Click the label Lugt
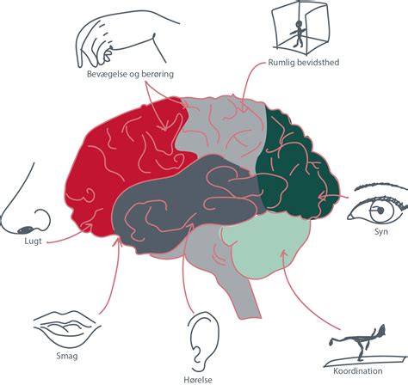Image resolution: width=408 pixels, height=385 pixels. [x=33, y=241]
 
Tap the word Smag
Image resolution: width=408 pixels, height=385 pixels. [x=67, y=356]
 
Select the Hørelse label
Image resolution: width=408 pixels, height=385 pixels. [x=198, y=380]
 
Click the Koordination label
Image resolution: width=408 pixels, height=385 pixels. [x=357, y=371]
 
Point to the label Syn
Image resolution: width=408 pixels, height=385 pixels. [x=381, y=232]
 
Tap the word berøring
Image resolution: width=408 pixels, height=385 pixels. [x=157, y=75]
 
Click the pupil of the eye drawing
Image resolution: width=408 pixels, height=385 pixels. [x=380, y=211]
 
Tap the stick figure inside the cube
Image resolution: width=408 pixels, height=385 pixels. [x=299, y=34]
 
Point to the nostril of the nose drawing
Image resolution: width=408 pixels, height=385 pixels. [x=27, y=229]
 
